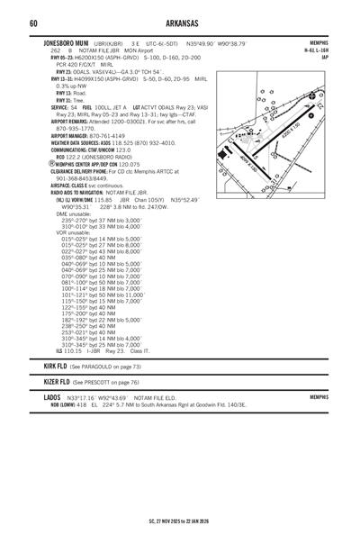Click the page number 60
pos(32,22)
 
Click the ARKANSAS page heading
pos(180,22)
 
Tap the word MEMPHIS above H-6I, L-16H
pos(318,42)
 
